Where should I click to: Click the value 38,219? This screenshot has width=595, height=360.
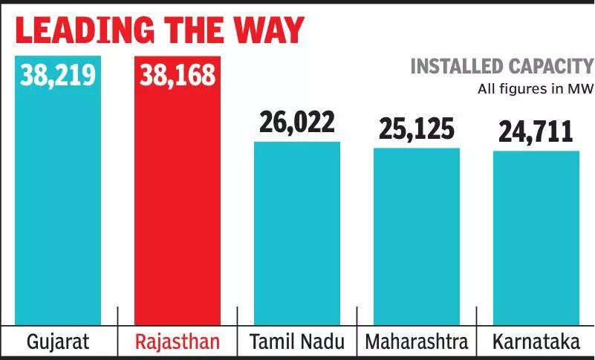[58, 74]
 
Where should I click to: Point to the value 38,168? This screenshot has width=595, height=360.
[177, 74]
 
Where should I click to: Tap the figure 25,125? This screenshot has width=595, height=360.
[416, 128]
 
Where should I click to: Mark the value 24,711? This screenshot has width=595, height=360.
[536, 131]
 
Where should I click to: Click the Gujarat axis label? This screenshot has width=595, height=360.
[57, 342]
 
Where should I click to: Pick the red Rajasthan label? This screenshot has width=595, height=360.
[177, 342]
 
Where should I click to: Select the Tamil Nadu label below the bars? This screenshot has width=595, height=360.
[297, 342]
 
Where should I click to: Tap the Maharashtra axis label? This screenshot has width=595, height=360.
[416, 342]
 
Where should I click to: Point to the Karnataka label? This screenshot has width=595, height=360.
[536, 342]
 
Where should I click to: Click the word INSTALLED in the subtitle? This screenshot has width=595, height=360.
[455, 67]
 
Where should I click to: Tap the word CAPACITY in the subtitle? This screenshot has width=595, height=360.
[549, 67]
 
